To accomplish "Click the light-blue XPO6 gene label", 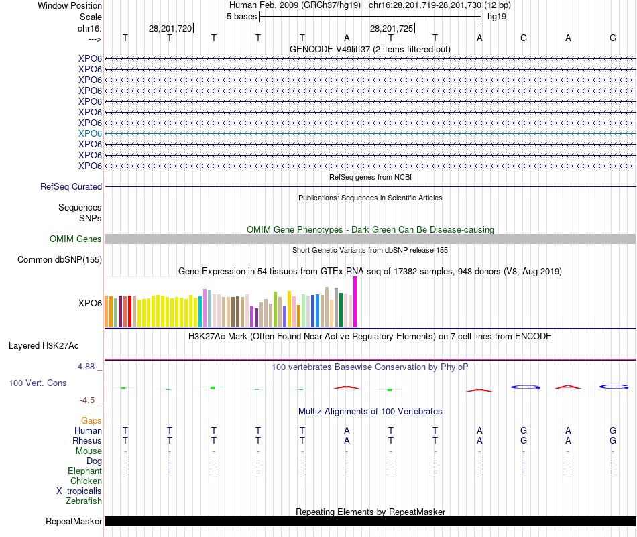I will (x=90, y=133).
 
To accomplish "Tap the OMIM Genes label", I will (x=76, y=239).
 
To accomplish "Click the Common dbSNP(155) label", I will (x=60, y=260).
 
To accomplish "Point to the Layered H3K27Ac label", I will (x=44, y=346).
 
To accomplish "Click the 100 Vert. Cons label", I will (x=38, y=383).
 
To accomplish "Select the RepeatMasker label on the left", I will (x=74, y=521).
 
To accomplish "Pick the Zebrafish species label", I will (x=84, y=501).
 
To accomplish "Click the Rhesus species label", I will (x=87, y=441).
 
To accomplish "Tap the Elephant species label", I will (x=84, y=471).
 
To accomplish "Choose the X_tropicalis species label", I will (x=79, y=491).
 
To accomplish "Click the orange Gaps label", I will (x=91, y=420).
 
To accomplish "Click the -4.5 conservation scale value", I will (x=88, y=400).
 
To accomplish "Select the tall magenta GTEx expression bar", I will (x=355, y=302).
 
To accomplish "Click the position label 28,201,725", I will (x=392, y=28).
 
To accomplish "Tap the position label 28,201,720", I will (x=170, y=28).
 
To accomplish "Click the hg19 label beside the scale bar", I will (x=497, y=16).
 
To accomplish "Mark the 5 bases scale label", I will (x=241, y=16).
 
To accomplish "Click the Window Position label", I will (x=70, y=5).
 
